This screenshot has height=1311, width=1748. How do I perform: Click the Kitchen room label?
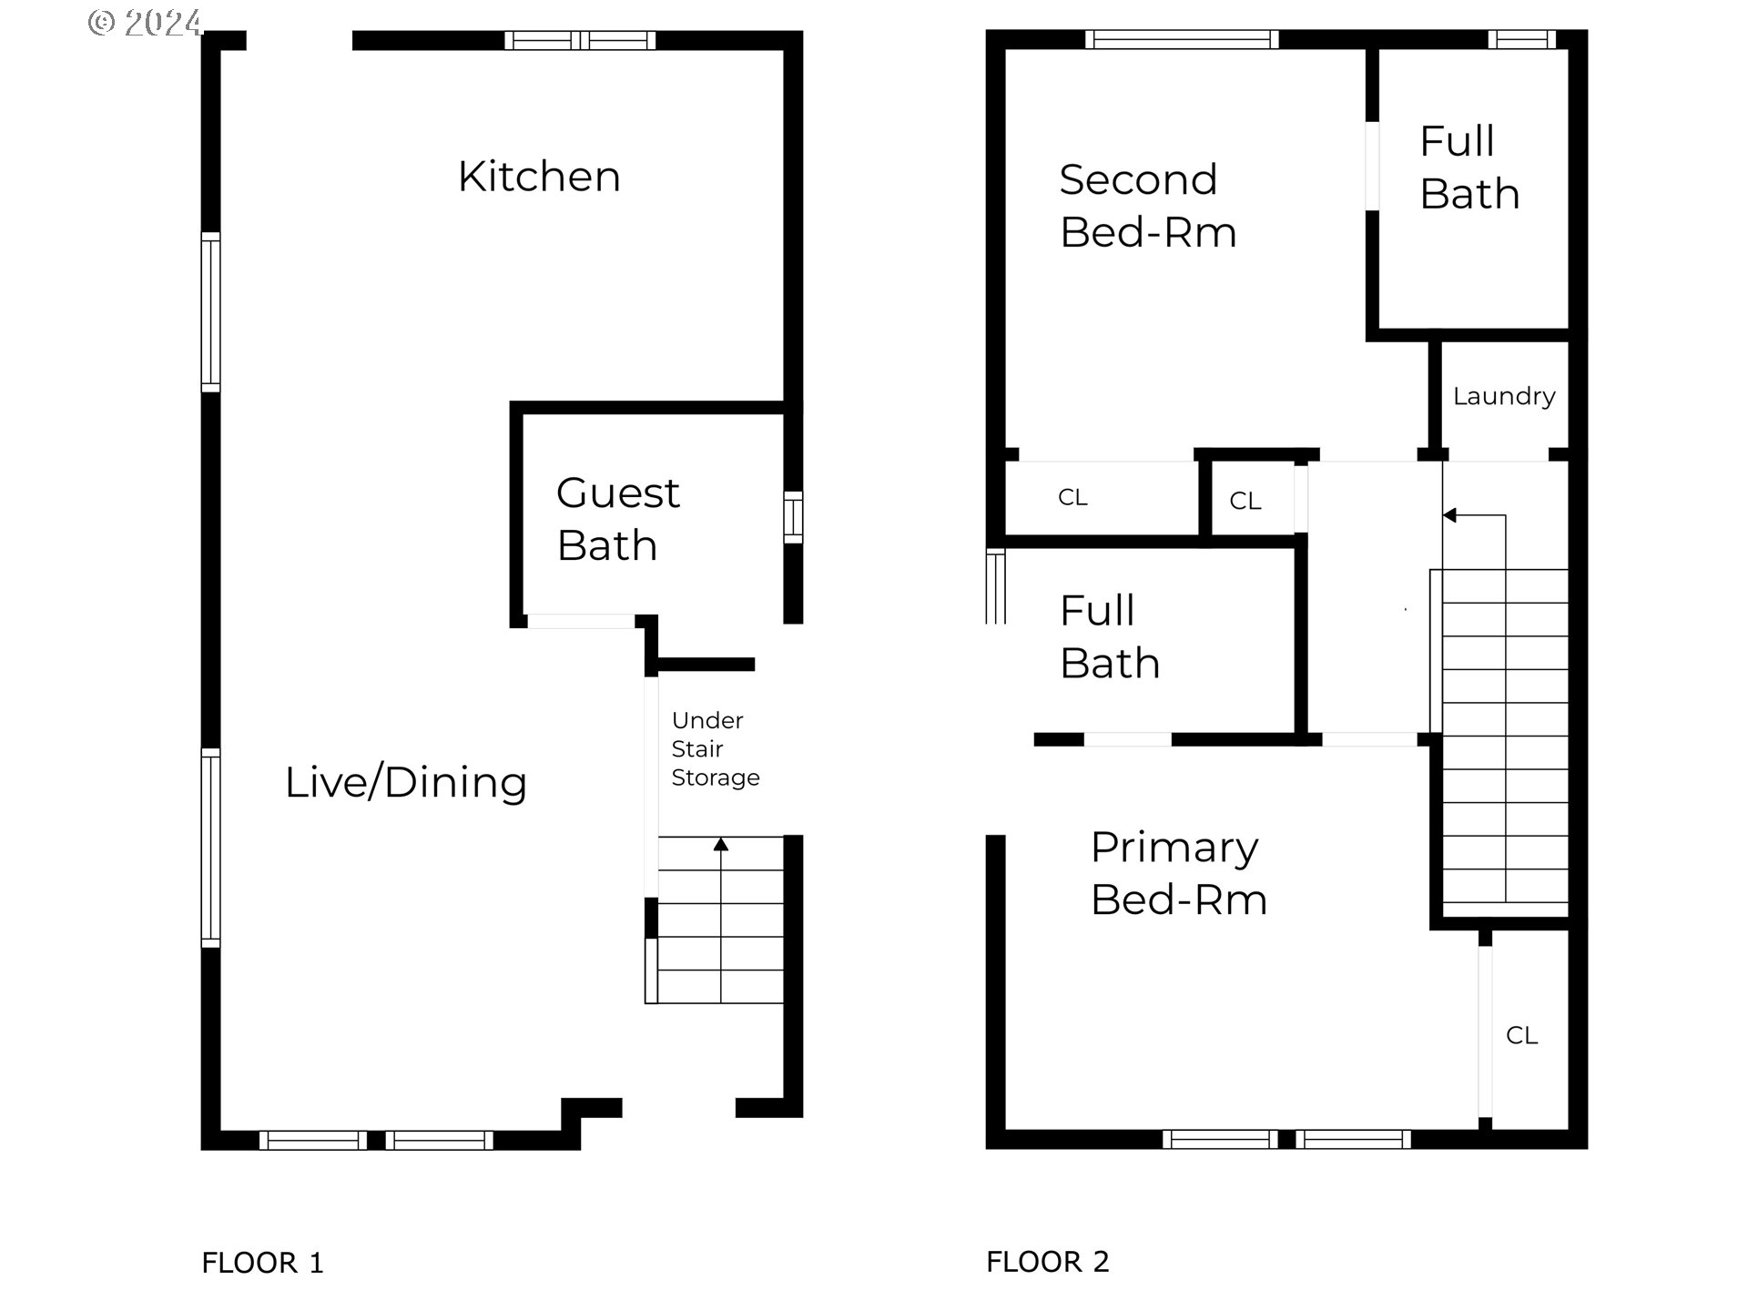[x=539, y=177]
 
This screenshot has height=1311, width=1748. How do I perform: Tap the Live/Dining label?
[x=406, y=782]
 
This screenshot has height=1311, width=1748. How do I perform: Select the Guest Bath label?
[x=618, y=519]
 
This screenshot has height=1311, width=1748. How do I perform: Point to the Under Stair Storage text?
[x=716, y=748]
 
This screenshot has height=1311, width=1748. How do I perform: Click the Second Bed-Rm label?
[x=1148, y=206]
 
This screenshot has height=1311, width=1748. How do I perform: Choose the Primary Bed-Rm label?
[x=1179, y=873]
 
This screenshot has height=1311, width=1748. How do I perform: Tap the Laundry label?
[x=1504, y=396]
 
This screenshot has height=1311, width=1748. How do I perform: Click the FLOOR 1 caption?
[x=262, y=1263]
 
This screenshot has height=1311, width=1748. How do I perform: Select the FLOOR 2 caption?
[x=1048, y=1262]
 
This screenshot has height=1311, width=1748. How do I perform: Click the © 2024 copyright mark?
[x=145, y=22]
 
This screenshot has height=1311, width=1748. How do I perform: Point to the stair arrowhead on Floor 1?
[x=721, y=844]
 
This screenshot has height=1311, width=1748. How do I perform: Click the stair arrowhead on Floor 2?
[x=1450, y=515]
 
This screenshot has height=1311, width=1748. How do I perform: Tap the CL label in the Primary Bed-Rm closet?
[x=1522, y=1035]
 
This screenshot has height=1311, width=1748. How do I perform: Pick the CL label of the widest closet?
[x=1072, y=497]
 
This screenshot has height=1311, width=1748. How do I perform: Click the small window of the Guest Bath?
[x=794, y=517]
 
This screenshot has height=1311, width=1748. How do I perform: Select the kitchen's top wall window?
[x=581, y=40]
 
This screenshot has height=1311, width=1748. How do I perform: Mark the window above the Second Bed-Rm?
[x=1182, y=39]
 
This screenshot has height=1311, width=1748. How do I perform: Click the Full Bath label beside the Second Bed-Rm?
[x=1469, y=168]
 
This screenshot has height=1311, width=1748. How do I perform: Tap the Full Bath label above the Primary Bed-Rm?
[x=1110, y=636]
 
